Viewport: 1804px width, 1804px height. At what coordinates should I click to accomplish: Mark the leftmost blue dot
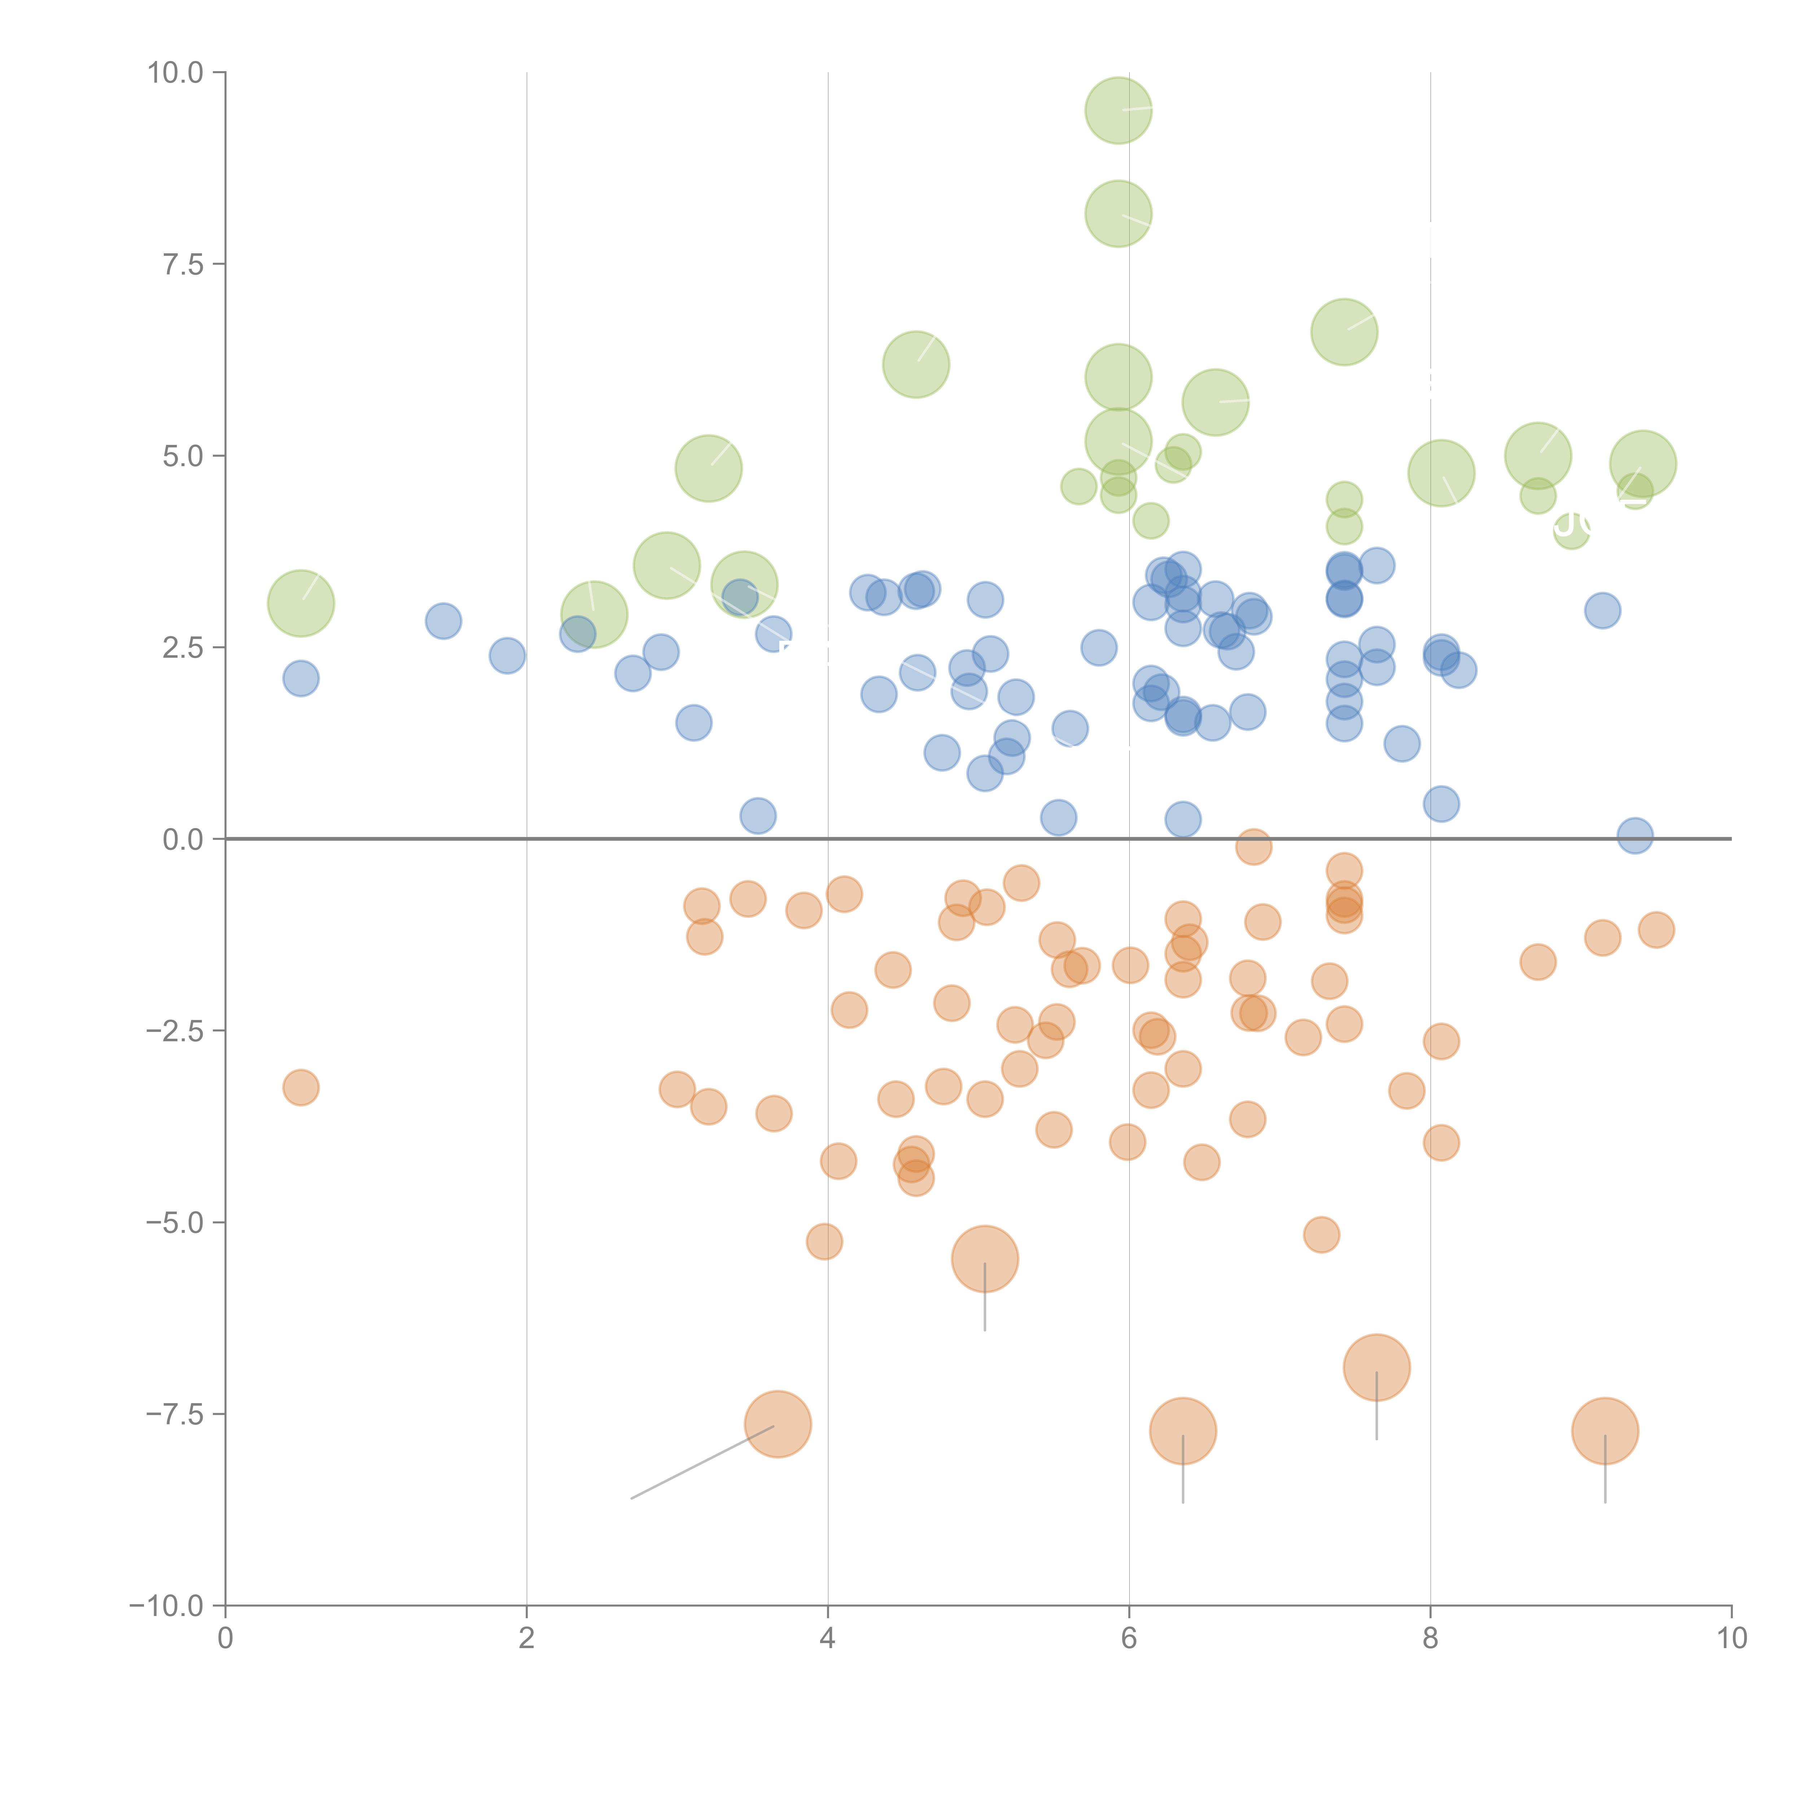click(301, 678)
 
